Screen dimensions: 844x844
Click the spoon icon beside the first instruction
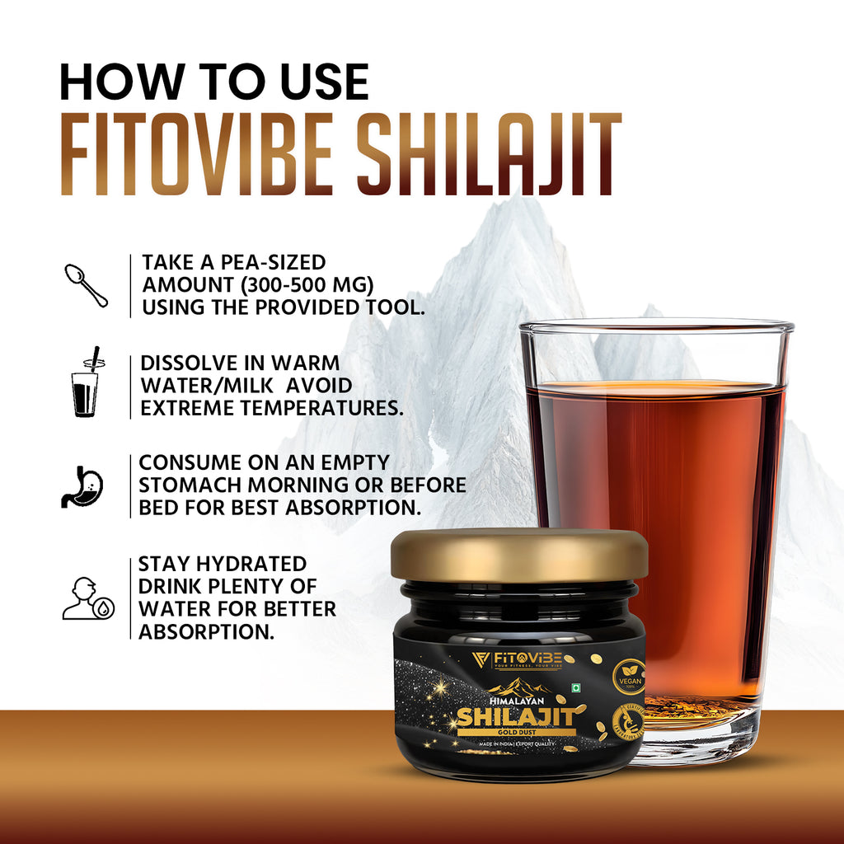click(86, 284)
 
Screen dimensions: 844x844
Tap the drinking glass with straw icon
click(85, 382)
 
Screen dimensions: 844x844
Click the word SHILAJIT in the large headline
click(493, 157)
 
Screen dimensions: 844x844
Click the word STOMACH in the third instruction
click(196, 485)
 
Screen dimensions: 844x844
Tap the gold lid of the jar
click(519, 554)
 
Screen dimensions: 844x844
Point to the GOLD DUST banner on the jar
click(520, 731)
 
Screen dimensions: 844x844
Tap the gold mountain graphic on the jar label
click(519, 686)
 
